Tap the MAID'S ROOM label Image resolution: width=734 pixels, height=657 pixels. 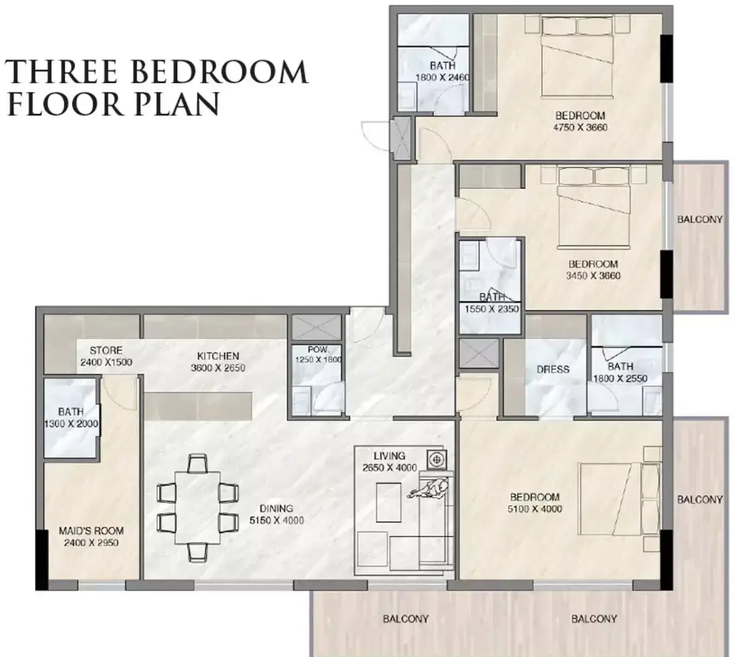(x=91, y=530)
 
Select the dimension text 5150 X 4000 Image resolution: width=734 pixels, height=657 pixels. (x=276, y=521)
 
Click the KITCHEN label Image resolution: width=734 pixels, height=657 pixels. (x=218, y=356)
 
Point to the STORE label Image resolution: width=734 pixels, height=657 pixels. (x=106, y=351)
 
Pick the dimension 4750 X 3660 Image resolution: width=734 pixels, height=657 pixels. (x=580, y=128)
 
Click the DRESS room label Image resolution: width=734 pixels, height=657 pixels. (x=553, y=369)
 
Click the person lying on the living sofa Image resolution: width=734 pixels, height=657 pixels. (x=429, y=489)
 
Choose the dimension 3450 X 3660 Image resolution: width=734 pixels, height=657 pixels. (x=593, y=276)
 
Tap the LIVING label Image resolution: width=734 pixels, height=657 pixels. (x=390, y=456)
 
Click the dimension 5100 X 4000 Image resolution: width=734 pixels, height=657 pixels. (x=535, y=509)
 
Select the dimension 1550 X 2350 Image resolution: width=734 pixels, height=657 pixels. (x=492, y=309)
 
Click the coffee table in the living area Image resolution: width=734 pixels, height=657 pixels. (x=388, y=502)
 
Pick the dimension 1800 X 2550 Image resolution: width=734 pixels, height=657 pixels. (x=620, y=379)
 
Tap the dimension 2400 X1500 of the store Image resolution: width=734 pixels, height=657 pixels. (x=106, y=362)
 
